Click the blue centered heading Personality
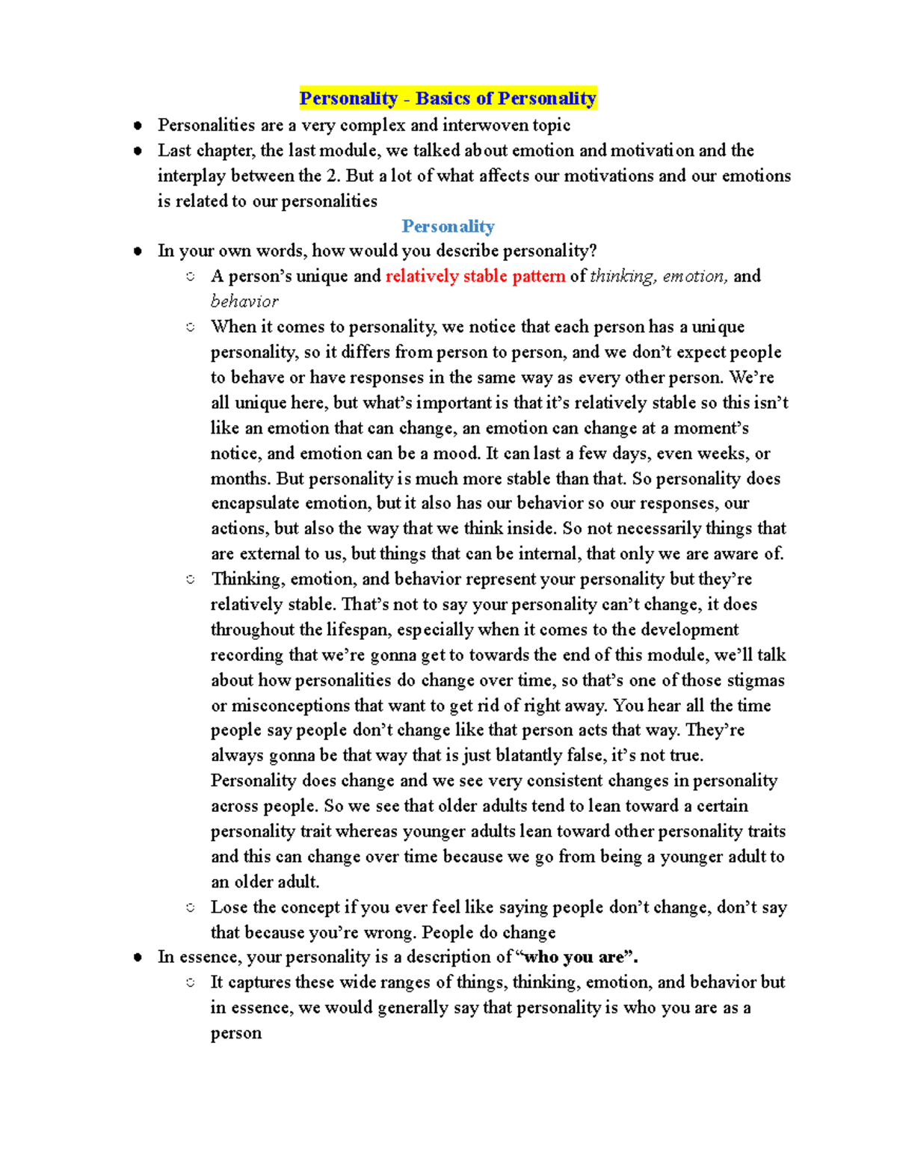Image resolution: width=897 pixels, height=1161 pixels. point(448,227)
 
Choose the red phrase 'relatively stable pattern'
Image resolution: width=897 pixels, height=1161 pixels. point(475,277)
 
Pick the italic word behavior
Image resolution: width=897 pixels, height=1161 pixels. point(244,302)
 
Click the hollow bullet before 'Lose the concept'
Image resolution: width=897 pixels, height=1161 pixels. point(191,908)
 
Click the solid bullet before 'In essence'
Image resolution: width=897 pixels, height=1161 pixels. point(138,958)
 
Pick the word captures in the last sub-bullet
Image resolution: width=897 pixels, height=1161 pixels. point(259,982)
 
